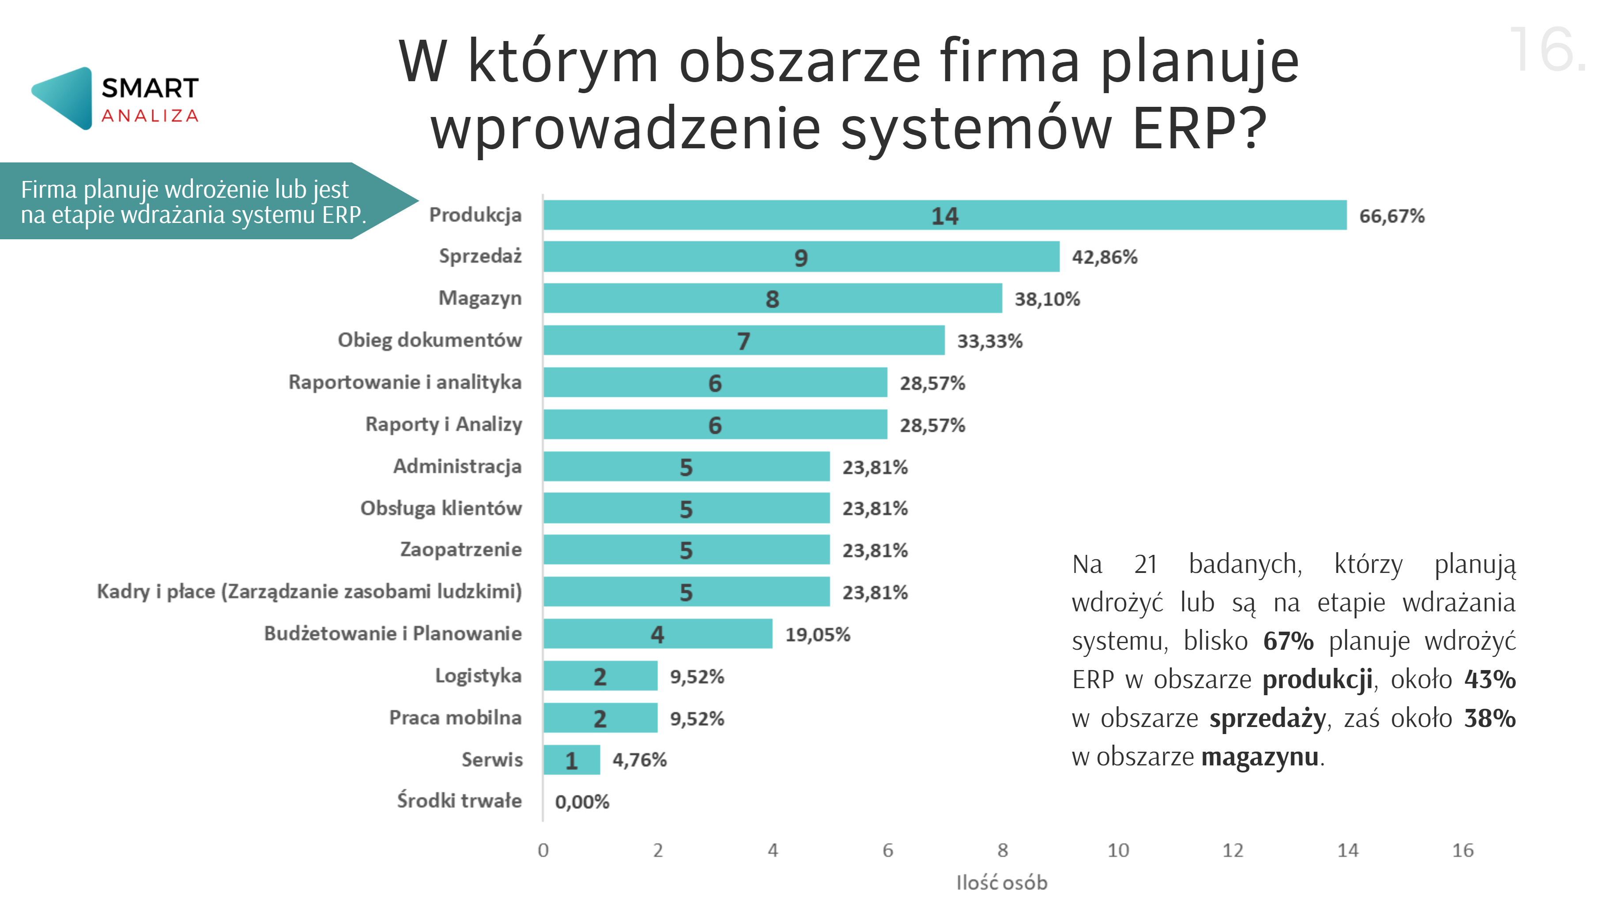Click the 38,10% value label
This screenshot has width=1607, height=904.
point(1047,299)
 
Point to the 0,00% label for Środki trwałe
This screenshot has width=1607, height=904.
point(581,802)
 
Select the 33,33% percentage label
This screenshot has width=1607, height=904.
point(989,341)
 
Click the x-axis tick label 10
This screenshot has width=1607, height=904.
point(1118,850)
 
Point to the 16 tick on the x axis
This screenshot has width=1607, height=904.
point(1462,850)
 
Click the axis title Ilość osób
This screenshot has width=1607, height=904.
point(1002,883)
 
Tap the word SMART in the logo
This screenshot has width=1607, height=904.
point(150,89)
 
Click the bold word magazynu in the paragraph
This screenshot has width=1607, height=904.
point(1260,757)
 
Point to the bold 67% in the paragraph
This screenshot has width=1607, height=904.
point(1288,641)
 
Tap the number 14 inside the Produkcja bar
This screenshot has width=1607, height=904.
point(944,216)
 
